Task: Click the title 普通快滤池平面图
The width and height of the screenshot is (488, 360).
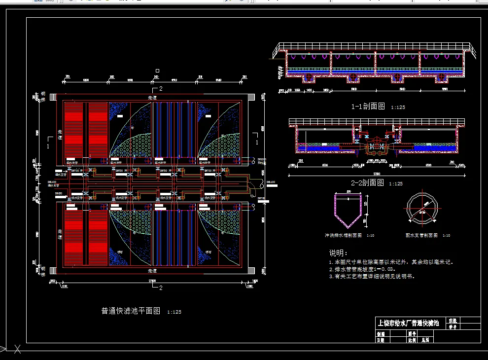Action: click(131, 311)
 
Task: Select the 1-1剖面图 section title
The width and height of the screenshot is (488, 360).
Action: click(368, 107)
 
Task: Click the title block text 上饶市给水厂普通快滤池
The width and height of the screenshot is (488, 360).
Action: click(408, 324)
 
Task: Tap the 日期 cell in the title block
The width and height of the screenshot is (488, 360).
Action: click(380, 340)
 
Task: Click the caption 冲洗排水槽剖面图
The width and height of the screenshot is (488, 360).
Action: click(343, 236)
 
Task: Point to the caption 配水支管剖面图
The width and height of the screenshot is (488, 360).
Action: click(422, 236)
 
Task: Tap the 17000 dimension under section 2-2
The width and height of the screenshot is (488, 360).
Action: click(377, 174)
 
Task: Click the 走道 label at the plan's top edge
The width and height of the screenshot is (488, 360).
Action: click(152, 98)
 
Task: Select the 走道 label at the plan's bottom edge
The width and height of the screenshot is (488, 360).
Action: click(152, 271)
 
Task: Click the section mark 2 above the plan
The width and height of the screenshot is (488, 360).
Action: click(160, 89)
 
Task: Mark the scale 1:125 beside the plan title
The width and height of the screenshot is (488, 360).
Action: click(174, 312)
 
